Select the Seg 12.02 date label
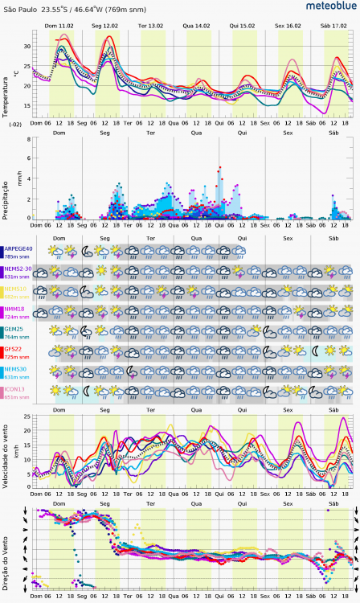[x=105, y=26]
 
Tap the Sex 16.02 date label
[x=288, y=26]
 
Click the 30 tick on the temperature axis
[x=27, y=46]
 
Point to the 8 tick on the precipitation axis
[x=29, y=138]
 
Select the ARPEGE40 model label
[x=19, y=249]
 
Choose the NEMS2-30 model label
[x=19, y=269]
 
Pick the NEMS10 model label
[x=18, y=289]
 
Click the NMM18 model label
[x=17, y=309]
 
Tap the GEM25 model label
[x=16, y=329]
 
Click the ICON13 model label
[x=17, y=390]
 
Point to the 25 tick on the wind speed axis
[x=27, y=418]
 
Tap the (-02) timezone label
[x=15, y=125]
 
